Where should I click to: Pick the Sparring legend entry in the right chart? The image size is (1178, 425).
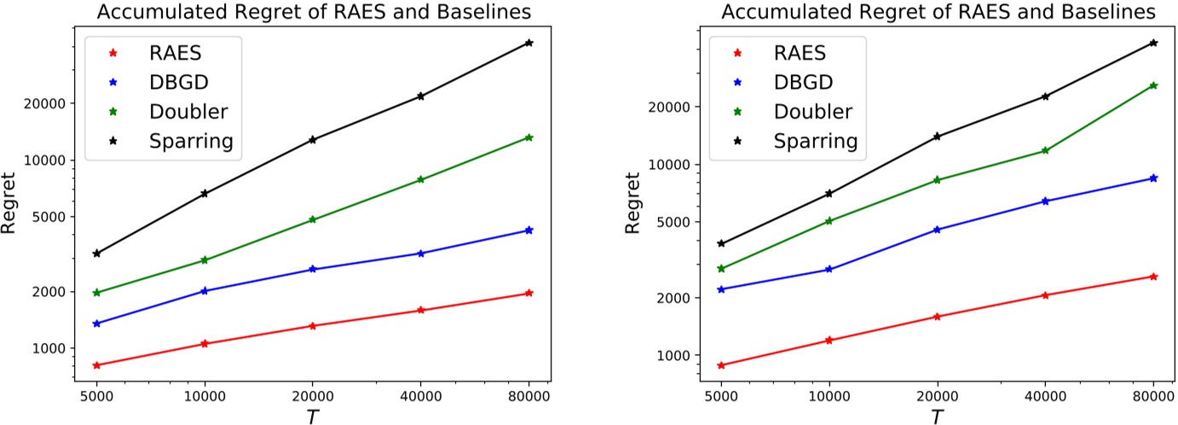click(x=814, y=141)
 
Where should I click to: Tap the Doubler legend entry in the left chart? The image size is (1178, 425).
click(x=188, y=111)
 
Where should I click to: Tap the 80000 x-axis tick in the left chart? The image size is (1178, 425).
click(x=528, y=396)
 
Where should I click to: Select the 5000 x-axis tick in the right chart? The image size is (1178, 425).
click(x=721, y=396)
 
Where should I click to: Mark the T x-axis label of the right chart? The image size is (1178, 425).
click(x=937, y=416)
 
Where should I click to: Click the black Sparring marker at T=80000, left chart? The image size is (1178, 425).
click(x=529, y=43)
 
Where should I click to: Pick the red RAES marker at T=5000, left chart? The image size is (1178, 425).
click(x=96, y=365)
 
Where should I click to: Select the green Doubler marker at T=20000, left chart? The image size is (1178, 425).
click(x=313, y=219)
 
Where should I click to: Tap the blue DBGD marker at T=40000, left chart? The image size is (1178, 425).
click(x=421, y=253)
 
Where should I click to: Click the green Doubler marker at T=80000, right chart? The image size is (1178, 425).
click(x=1153, y=85)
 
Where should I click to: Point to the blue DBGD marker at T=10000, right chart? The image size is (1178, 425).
click(x=829, y=270)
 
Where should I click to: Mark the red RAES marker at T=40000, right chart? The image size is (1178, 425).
click(x=1045, y=295)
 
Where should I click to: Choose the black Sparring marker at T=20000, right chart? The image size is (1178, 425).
click(x=937, y=137)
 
